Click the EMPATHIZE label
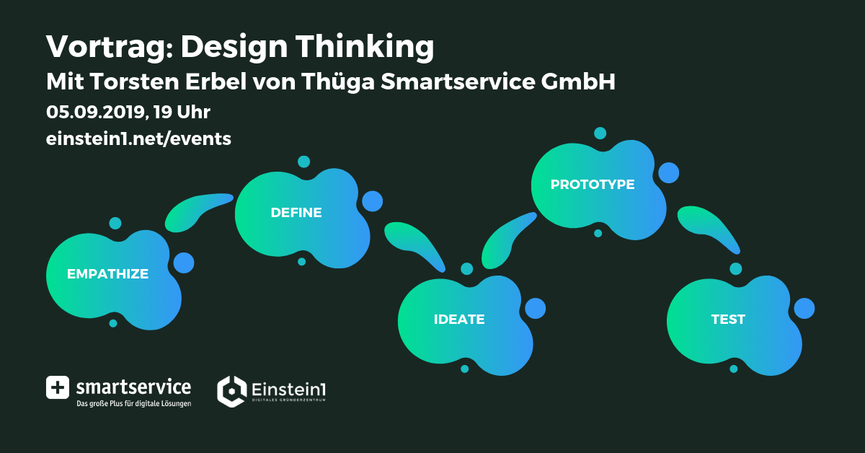(107, 274)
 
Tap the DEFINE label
(296, 213)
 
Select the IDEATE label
(459, 320)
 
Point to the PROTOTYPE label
(593, 185)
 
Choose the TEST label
(728, 320)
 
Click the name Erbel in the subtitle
(216, 82)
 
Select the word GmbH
(578, 82)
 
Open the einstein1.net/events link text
(138, 138)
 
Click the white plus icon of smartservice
(58, 387)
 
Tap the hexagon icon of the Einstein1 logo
(231, 391)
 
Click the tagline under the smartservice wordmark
(133, 403)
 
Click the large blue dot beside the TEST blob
(804, 309)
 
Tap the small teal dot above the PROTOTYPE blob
(600, 133)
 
